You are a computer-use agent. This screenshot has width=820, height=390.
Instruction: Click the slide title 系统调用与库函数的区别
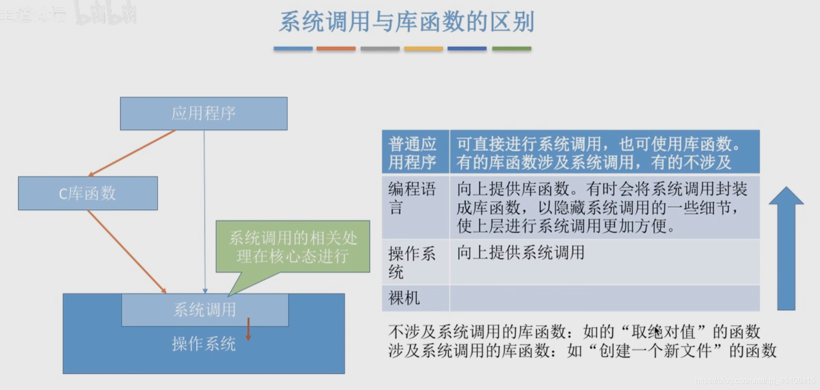(x=407, y=22)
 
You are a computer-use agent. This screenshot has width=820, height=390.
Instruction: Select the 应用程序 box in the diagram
(x=203, y=113)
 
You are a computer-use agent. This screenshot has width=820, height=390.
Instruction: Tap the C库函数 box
(x=88, y=193)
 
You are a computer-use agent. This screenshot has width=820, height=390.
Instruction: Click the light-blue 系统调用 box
(x=204, y=310)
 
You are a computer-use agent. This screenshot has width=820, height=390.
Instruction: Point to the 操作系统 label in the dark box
(x=203, y=344)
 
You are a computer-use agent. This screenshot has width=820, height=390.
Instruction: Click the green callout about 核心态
(x=293, y=247)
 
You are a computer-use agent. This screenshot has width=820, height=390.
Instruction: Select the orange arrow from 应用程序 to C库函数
(x=132, y=153)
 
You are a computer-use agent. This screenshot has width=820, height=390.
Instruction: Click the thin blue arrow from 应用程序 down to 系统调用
(x=205, y=211)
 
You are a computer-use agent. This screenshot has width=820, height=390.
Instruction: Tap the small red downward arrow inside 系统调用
(x=248, y=329)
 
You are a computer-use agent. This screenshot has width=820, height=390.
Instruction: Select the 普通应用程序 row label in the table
(x=413, y=152)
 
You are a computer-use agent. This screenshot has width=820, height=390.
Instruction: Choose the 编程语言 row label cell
(x=413, y=197)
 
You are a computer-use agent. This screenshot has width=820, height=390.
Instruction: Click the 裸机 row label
(x=404, y=298)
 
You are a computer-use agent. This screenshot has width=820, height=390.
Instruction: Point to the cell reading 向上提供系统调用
(x=520, y=253)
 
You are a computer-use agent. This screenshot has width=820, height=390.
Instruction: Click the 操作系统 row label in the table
(x=412, y=262)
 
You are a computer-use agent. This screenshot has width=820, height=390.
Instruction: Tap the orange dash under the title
(x=336, y=49)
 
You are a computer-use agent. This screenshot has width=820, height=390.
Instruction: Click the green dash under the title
(x=512, y=49)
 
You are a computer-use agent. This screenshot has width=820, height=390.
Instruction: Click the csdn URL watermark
(x=755, y=381)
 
